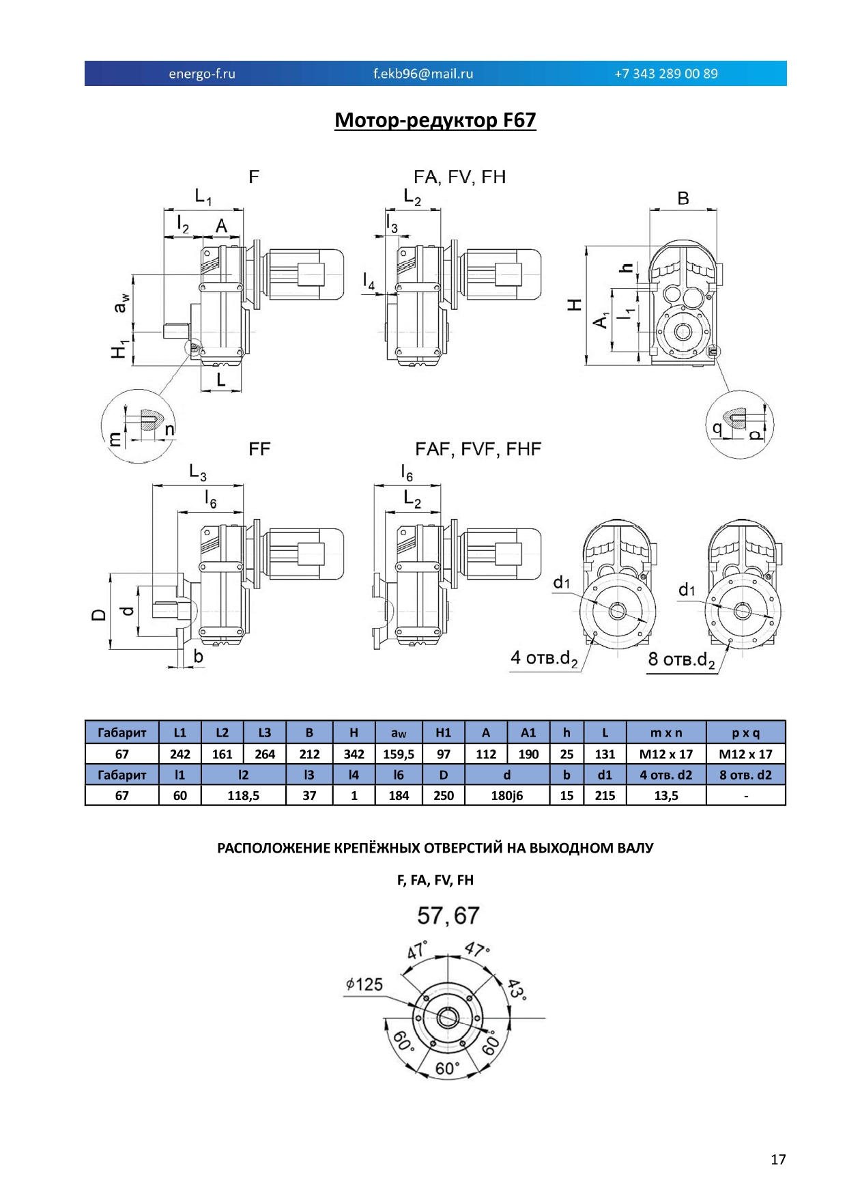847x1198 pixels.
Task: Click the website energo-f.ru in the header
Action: [x=202, y=74]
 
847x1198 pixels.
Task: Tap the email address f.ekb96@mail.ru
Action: [x=423, y=74]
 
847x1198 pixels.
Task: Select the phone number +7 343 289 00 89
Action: [x=666, y=74]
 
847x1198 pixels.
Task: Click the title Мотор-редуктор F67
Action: [x=435, y=120]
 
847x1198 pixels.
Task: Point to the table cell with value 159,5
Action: [x=399, y=754]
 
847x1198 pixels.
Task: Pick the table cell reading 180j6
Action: [x=507, y=795]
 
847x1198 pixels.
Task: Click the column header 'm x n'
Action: [x=666, y=733]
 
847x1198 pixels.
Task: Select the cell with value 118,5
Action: [x=244, y=795]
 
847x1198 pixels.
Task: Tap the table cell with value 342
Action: [x=354, y=754]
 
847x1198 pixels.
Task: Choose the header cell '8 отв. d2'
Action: [x=746, y=775]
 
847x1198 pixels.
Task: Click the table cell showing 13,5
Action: [x=666, y=795]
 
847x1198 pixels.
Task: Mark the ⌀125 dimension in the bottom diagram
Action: [x=364, y=984]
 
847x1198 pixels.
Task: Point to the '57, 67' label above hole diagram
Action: [x=448, y=915]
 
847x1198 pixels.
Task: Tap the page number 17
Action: [x=778, y=1159]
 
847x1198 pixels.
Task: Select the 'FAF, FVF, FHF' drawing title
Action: [x=478, y=449]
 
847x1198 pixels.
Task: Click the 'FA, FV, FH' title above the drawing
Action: [x=460, y=177]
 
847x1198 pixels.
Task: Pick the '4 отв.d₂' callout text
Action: [x=544, y=659]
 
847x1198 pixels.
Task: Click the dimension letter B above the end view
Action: [x=683, y=198]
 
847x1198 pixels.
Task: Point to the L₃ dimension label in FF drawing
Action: [x=198, y=472]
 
